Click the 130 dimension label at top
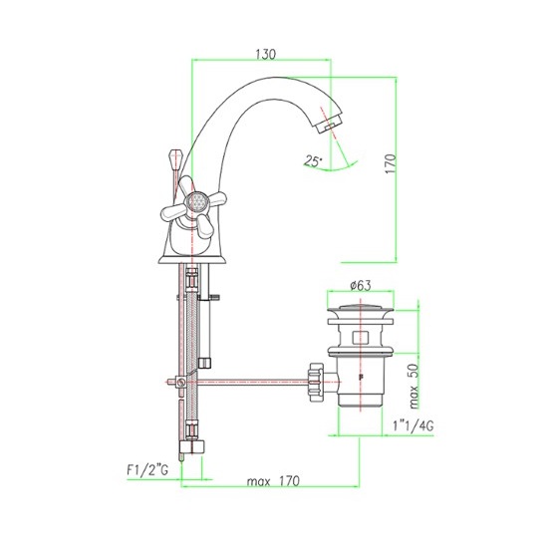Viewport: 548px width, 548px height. [x=266, y=54]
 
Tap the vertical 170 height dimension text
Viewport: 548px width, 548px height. [x=391, y=163]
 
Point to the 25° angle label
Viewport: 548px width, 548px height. [x=313, y=160]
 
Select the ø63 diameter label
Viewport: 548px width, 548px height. [x=361, y=285]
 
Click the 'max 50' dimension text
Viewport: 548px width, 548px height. [x=413, y=386]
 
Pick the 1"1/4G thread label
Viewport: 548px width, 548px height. [x=413, y=425]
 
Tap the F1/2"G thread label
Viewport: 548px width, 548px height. [x=147, y=470]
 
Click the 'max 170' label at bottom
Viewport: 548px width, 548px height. [x=273, y=481]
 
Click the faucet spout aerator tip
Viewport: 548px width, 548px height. [x=330, y=126]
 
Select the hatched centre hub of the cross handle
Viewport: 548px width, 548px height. [x=197, y=201]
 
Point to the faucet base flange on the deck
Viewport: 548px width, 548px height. [x=192, y=259]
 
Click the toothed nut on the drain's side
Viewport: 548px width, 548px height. [x=316, y=382]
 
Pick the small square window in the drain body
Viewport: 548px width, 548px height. [x=361, y=338]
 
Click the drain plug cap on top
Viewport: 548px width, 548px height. [x=361, y=308]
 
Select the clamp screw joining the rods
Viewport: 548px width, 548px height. [x=180, y=382]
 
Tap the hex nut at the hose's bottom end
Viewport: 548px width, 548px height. [x=192, y=446]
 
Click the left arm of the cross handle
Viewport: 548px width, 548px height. [x=172, y=212]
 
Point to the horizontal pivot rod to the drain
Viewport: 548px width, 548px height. [x=253, y=382]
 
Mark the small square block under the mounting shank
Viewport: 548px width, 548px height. [x=205, y=363]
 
